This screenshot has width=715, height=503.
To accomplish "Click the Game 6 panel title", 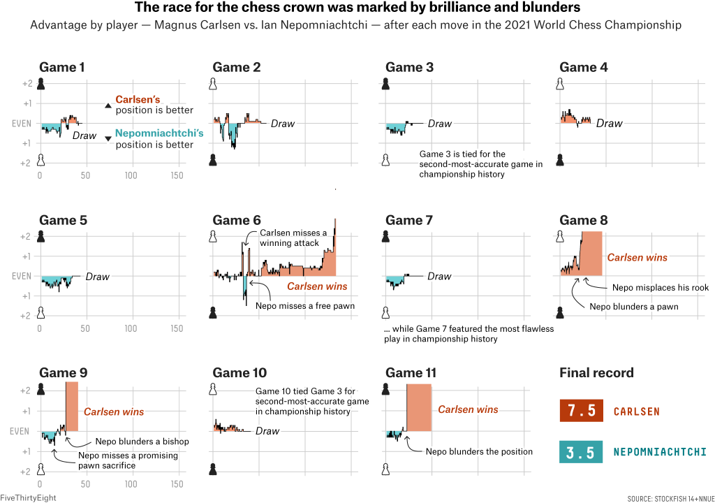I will [x=237, y=221].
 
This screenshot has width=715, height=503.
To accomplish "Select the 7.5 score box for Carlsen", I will [x=582, y=411].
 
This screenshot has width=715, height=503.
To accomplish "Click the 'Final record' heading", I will [x=596, y=373].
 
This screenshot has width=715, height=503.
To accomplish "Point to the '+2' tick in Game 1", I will [x=28, y=84].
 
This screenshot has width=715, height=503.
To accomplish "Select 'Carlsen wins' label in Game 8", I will [x=637, y=258].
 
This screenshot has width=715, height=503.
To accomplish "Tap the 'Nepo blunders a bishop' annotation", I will [x=142, y=442].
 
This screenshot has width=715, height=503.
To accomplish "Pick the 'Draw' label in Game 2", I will [x=283, y=124].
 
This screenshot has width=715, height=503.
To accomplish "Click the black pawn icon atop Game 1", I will [x=42, y=85].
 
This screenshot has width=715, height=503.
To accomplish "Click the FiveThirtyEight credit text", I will [x=28, y=497].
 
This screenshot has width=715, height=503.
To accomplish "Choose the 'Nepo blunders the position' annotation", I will [x=479, y=451].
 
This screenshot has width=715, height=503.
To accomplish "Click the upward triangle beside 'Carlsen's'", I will [x=108, y=105].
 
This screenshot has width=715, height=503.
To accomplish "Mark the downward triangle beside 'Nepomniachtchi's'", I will [x=108, y=139].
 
